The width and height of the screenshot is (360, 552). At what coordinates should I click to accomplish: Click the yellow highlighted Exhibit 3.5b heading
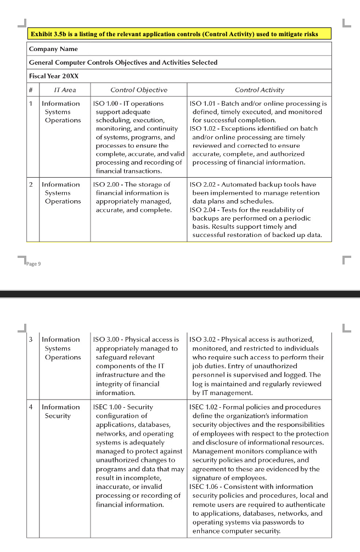pos(174,34)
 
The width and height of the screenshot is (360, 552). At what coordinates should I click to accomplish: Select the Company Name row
pos(53,49)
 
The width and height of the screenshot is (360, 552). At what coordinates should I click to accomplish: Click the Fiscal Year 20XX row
pos(53,76)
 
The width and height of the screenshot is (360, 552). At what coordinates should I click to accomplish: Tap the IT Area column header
pos(65,89)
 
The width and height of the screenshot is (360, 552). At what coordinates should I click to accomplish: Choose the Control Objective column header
pos(139,89)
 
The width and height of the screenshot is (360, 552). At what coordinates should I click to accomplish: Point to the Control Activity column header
pos(259,89)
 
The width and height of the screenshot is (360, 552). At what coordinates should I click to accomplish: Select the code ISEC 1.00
pos(108,407)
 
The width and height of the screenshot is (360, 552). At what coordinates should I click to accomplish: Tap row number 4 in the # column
pos(31,407)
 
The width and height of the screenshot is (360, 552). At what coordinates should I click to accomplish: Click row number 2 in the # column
pos(31,184)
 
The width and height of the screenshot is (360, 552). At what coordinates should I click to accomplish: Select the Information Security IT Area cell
pos(60,412)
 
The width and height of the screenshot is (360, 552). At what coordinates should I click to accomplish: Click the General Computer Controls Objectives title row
pos(123,63)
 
